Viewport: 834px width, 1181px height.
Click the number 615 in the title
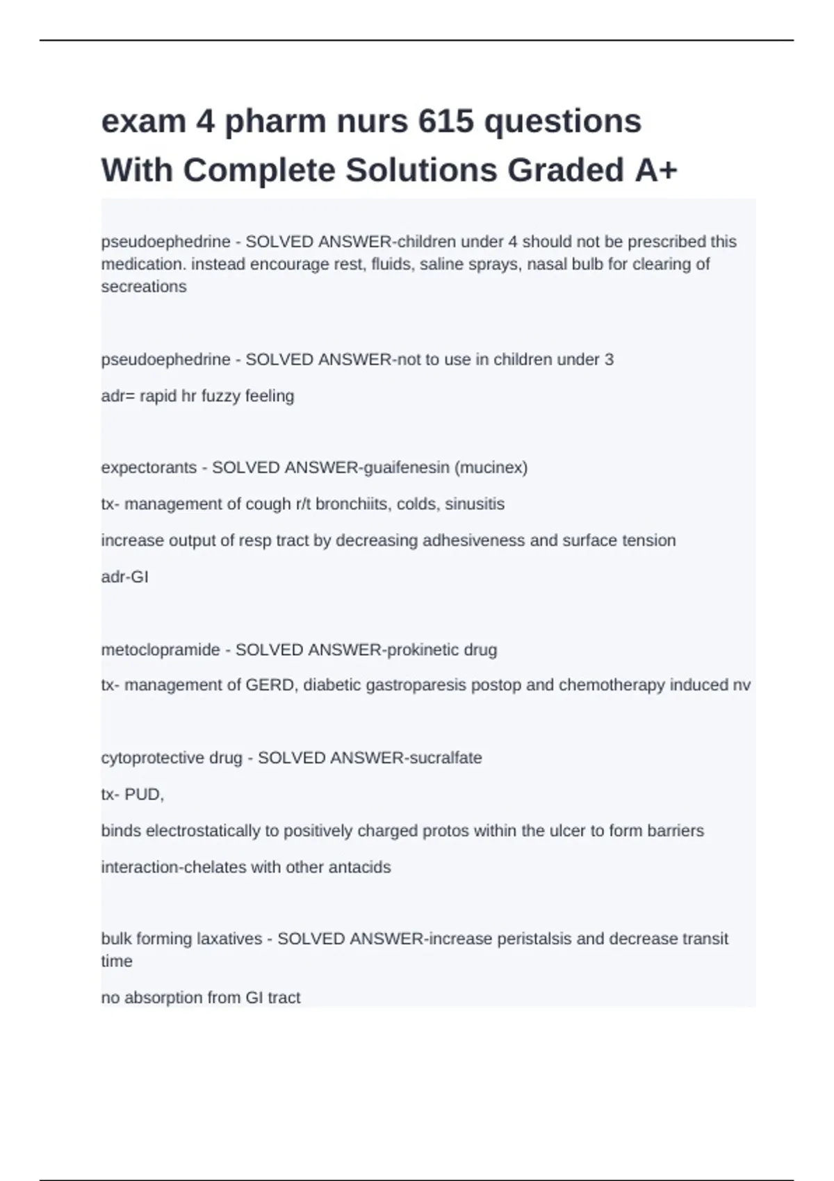(x=445, y=122)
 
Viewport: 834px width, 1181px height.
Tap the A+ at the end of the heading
(x=655, y=170)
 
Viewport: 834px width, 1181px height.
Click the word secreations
(x=144, y=287)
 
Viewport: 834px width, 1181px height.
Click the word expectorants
(x=149, y=468)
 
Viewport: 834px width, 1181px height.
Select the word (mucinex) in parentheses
(x=491, y=468)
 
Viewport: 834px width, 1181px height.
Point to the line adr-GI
(x=125, y=577)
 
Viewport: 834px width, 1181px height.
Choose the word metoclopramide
(x=161, y=650)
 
